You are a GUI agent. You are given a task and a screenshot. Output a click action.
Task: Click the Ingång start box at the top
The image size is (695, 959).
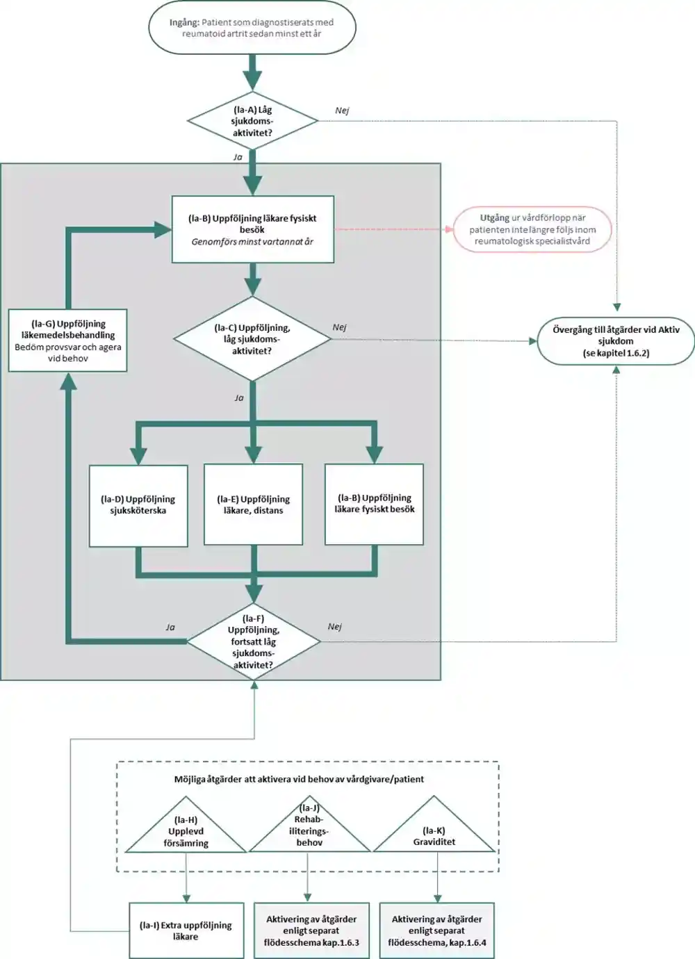tap(252, 27)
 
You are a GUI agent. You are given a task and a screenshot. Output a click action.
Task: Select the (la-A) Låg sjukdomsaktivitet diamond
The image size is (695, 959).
tap(253, 121)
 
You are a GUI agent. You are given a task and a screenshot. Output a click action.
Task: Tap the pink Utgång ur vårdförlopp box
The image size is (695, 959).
tap(532, 229)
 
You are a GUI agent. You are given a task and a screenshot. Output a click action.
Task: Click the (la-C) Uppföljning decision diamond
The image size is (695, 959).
tap(252, 338)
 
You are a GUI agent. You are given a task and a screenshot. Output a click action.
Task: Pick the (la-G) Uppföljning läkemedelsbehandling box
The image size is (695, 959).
tap(67, 341)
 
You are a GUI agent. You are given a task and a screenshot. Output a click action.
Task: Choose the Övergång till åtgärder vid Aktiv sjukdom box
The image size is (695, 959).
tap(616, 341)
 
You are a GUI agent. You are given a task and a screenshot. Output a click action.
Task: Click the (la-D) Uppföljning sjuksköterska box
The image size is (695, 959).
tap(138, 506)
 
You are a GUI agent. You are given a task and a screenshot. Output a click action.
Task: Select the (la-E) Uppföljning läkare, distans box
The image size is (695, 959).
tap(254, 505)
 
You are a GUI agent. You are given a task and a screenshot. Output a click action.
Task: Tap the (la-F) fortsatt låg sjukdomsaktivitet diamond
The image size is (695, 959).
tap(254, 641)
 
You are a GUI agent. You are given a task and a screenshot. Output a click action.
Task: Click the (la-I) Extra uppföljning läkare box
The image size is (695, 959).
tap(186, 931)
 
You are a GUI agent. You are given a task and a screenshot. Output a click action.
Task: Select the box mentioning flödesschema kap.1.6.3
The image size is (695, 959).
tap(311, 931)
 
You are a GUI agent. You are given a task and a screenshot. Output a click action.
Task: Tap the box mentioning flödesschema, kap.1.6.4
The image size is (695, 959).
tap(436, 931)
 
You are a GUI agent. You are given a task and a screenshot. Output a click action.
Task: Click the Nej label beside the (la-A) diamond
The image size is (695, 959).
tap(342, 110)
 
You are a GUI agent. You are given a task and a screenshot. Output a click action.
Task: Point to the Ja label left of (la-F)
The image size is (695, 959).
tap(170, 628)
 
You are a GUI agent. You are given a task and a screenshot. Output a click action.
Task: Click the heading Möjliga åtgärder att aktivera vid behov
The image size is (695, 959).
tap(299, 779)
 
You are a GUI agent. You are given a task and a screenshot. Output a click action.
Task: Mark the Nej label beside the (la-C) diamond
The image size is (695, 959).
tap(339, 327)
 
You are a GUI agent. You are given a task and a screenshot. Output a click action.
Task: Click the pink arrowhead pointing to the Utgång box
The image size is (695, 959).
tap(449, 229)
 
